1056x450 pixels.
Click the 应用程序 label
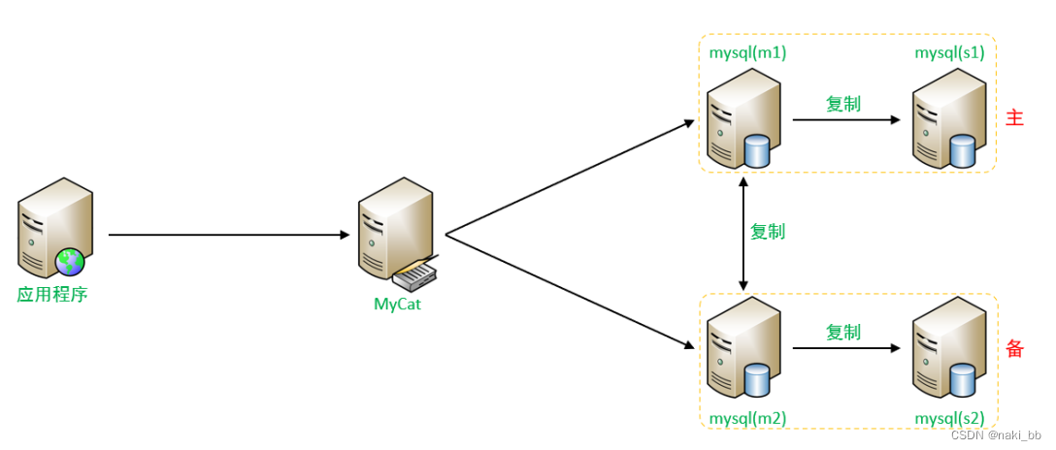[x=52, y=294]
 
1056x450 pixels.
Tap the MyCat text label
[x=398, y=304]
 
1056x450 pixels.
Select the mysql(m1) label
[x=747, y=52]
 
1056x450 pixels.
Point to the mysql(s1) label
[x=949, y=52]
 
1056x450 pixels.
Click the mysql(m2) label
[x=747, y=418]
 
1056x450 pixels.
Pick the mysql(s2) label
[x=949, y=418]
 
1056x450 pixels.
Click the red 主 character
[x=1015, y=118]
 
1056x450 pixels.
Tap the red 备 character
[x=1015, y=349]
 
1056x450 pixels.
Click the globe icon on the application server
[x=70, y=261]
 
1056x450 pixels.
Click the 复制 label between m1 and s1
[x=843, y=104]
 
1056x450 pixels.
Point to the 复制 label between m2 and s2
[x=843, y=332]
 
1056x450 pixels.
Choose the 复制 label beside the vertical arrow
[x=768, y=232]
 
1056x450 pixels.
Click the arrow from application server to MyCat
[x=229, y=235]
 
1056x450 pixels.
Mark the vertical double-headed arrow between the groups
[x=743, y=233]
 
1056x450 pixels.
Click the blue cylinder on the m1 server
[x=756, y=151]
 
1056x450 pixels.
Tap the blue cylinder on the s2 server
[x=962, y=381]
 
